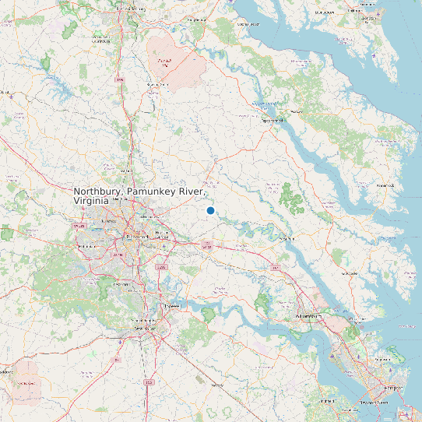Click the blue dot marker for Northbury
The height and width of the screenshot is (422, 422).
point(210,211)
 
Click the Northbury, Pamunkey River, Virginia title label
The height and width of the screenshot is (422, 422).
point(139,195)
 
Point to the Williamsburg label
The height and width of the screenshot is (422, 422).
point(309,318)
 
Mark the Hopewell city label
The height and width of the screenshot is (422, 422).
point(172,308)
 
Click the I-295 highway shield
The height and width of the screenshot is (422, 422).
point(162,267)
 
